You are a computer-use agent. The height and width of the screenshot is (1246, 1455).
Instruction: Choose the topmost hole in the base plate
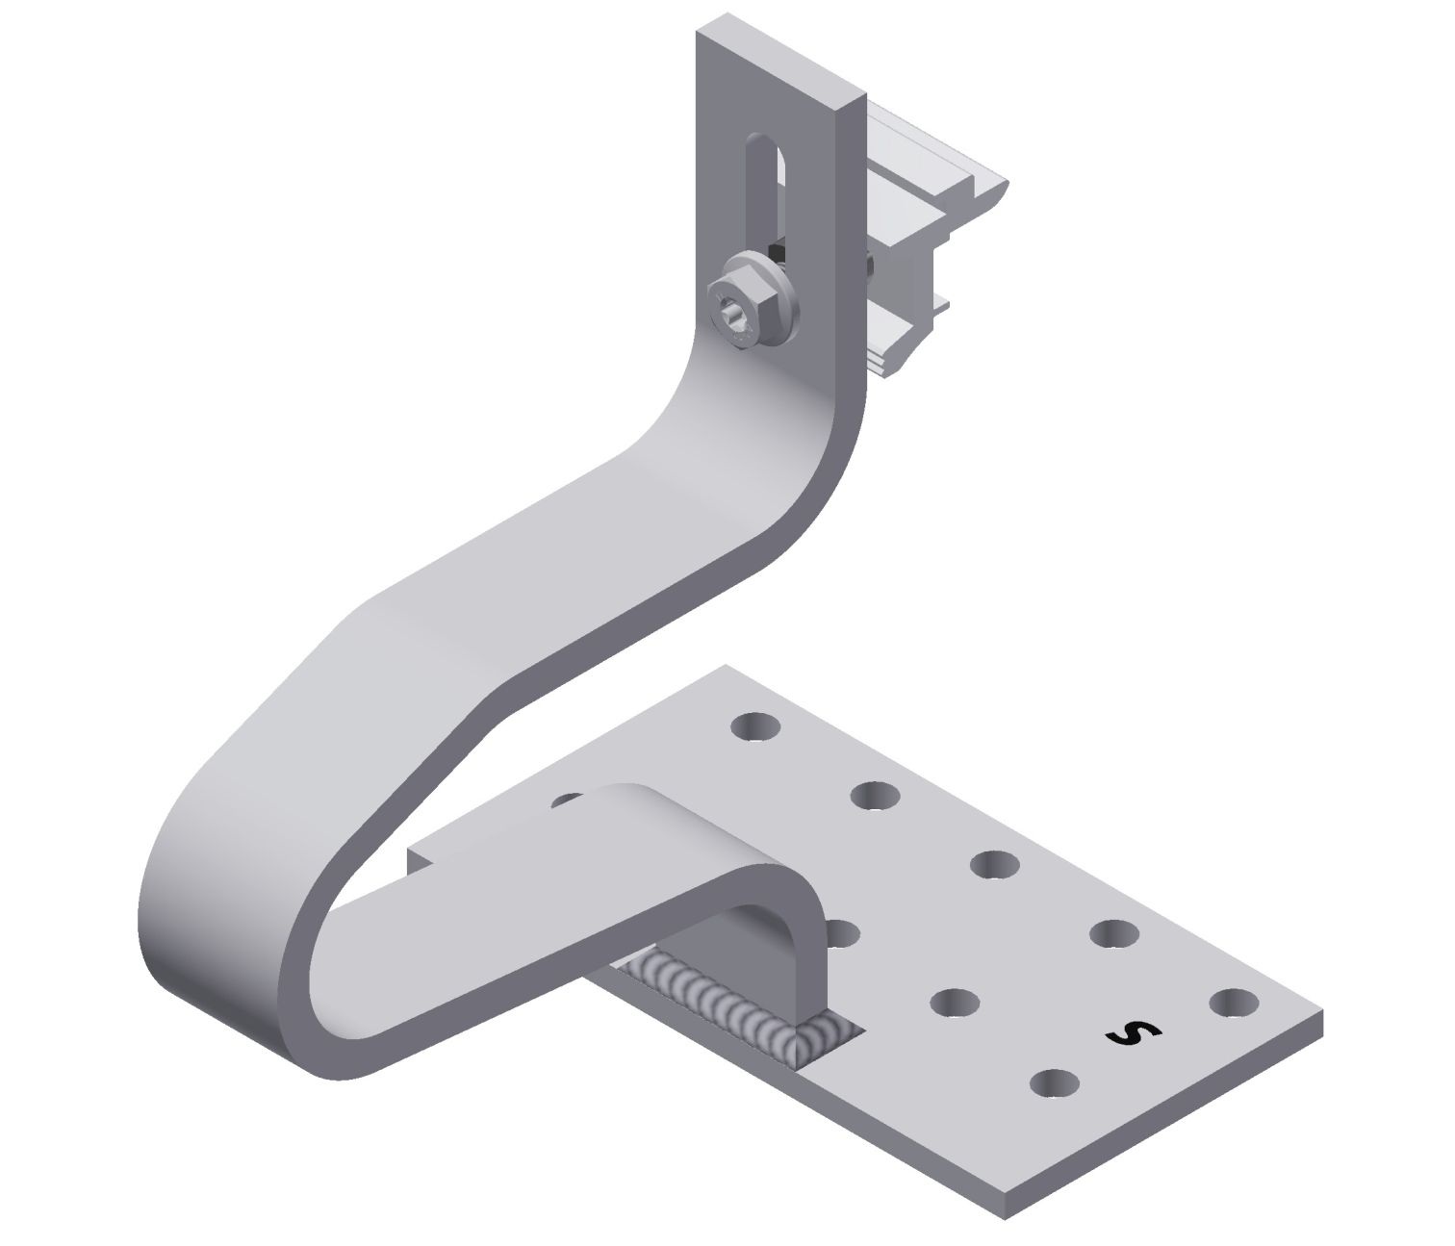(x=755, y=725)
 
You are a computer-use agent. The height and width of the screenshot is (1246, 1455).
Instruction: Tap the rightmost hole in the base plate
(x=1233, y=1003)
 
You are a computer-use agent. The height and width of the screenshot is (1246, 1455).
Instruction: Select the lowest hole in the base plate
(x=1054, y=1084)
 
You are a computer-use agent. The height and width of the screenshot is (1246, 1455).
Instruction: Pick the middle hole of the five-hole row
(x=995, y=863)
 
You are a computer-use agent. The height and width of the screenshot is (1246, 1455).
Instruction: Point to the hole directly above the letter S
(x=1113, y=932)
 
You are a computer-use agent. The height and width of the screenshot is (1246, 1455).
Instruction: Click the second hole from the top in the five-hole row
(x=875, y=795)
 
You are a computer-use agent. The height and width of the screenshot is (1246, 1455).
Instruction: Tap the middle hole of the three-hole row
(x=954, y=1003)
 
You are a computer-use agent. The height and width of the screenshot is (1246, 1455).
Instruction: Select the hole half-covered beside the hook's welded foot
(x=843, y=930)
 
